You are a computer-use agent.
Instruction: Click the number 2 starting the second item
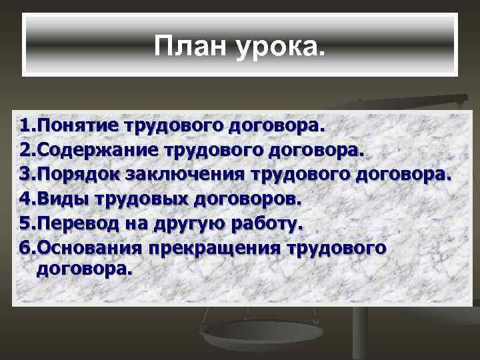click(25, 149)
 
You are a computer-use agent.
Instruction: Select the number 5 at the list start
click(25, 223)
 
